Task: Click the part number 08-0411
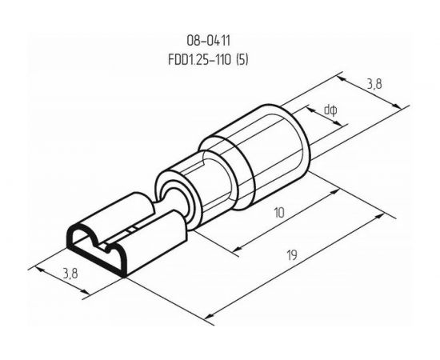208,41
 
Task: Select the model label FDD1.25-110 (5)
208,59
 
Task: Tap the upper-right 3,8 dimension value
374,84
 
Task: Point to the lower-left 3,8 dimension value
70,273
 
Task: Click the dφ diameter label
330,110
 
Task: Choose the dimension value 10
279,213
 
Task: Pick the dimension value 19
292,255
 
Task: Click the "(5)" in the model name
242,59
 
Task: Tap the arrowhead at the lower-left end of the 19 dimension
208,317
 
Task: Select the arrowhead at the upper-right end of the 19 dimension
379,216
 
